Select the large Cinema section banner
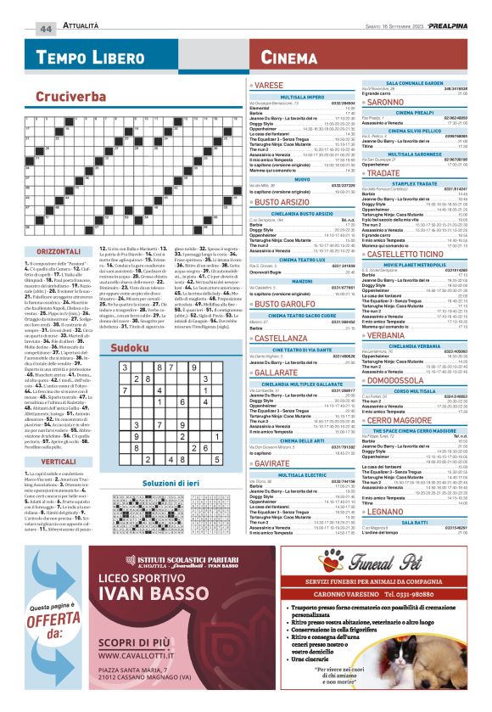click(x=290, y=58)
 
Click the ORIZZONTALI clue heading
click(x=59, y=252)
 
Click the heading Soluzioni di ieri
click(x=171, y=483)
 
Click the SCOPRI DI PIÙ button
click(x=138, y=637)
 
